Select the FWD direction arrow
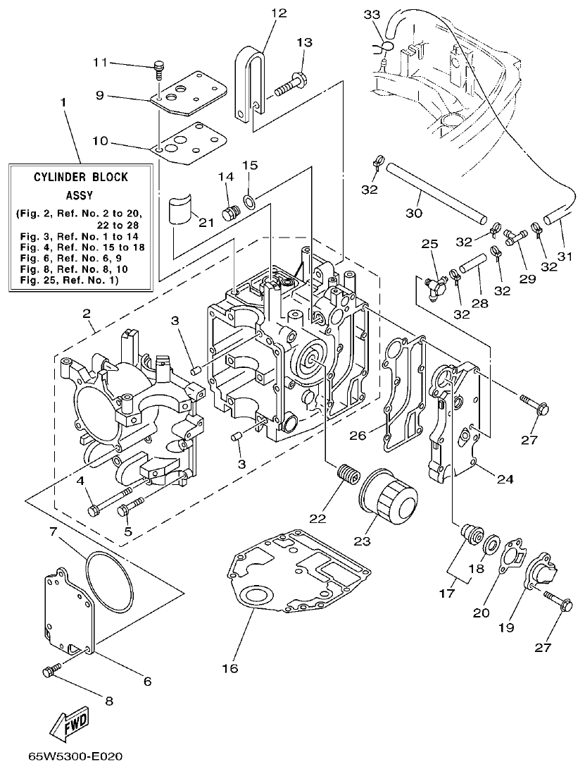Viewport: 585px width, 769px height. tap(69, 721)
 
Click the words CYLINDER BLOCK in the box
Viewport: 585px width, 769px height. tap(82, 177)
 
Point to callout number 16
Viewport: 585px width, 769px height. tap(229, 667)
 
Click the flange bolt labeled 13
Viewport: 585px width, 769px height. tap(289, 85)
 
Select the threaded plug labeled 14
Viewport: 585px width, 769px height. tap(227, 212)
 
